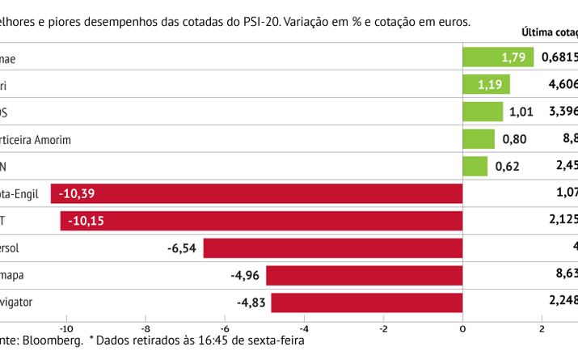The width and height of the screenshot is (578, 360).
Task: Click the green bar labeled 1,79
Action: pyautogui.click(x=498, y=57)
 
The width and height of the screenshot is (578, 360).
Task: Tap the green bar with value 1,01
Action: pyautogui.click(x=483, y=112)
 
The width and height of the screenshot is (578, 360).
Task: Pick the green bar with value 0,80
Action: pyautogui.click(x=479, y=139)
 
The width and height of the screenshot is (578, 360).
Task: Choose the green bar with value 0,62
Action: pyautogui.click(x=475, y=167)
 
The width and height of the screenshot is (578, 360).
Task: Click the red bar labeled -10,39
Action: pyautogui.click(x=257, y=194)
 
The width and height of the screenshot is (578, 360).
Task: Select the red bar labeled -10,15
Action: pyautogui.click(x=262, y=221)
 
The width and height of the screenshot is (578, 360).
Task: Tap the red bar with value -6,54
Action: pyautogui.click(x=333, y=248)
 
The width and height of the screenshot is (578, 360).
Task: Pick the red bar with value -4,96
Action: pyautogui.click(x=365, y=276)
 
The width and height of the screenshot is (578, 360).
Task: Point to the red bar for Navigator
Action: pyautogui.click(x=367, y=303)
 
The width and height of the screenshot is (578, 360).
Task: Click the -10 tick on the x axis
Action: pyautogui.click(x=65, y=328)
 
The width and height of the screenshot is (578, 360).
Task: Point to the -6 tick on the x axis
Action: pyautogui.click(x=224, y=328)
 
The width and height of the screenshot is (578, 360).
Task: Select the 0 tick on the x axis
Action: pyautogui.click(x=462, y=328)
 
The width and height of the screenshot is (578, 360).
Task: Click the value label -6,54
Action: pyautogui.click(x=181, y=248)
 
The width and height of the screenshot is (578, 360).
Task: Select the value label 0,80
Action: pyautogui.click(x=515, y=139)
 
